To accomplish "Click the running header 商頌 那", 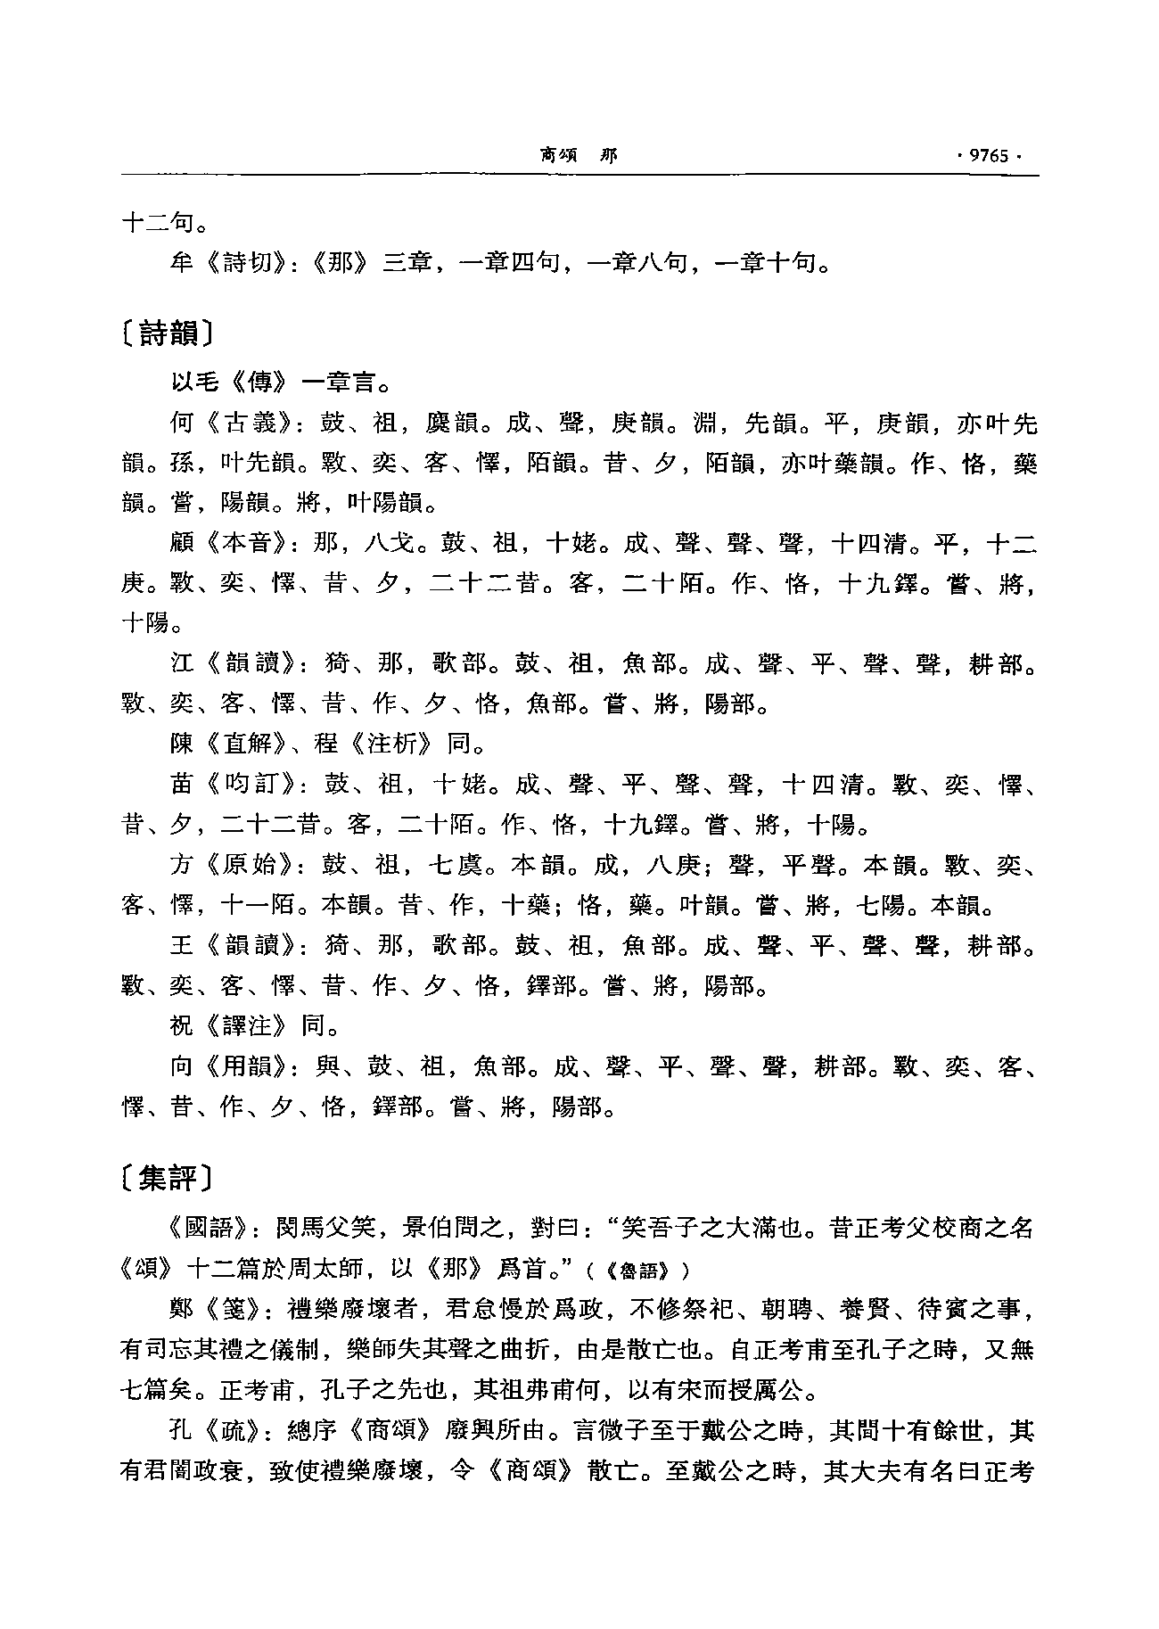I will pyautogui.click(x=578, y=156).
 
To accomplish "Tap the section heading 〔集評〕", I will pyautogui.click(x=167, y=1179).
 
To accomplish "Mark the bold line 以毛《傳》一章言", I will pyautogui.click(x=276, y=383).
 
